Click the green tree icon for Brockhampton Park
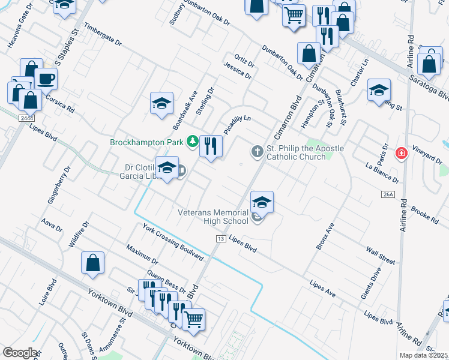coord(192,142)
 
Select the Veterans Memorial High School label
coord(213,217)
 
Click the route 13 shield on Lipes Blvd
coord(220,239)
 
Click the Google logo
coord(20,353)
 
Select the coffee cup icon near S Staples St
coord(46,78)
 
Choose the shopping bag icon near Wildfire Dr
coord(93,263)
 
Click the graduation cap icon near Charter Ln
coord(379,91)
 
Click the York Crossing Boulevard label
coord(173,242)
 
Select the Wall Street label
coord(380,255)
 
